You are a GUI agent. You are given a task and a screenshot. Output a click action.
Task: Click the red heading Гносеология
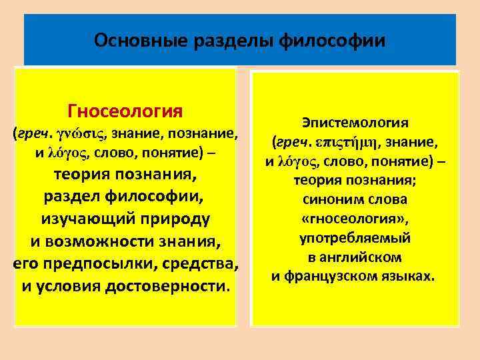coord(125,109)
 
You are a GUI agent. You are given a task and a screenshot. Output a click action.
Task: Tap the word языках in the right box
coord(410,276)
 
